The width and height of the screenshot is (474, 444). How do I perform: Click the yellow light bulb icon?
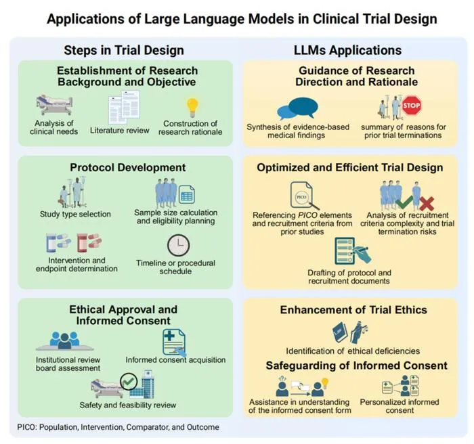tap(192, 108)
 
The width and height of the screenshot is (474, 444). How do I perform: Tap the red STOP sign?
tap(412, 106)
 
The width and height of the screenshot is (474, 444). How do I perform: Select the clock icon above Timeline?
tap(178, 245)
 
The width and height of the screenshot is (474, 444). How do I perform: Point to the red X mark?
tap(427, 204)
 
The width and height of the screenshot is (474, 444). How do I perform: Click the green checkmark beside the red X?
tap(404, 202)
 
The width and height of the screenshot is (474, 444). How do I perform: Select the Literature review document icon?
tap(124, 108)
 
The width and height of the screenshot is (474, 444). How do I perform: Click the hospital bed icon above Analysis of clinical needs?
tap(54, 105)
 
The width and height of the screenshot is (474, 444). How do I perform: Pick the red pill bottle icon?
tap(89, 242)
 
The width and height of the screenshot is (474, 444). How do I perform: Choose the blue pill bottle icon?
tap(58, 242)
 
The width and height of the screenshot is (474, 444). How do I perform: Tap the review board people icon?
tap(65, 341)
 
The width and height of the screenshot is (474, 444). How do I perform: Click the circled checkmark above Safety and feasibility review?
tap(129, 382)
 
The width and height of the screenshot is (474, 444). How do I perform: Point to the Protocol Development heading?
tap(128, 167)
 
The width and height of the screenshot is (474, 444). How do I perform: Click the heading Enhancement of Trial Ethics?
tap(353, 310)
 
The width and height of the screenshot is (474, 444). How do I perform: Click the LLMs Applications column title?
tap(347, 50)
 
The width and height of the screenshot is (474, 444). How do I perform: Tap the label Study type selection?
tap(75, 214)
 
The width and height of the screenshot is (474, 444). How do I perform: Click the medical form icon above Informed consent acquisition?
tap(175, 342)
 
